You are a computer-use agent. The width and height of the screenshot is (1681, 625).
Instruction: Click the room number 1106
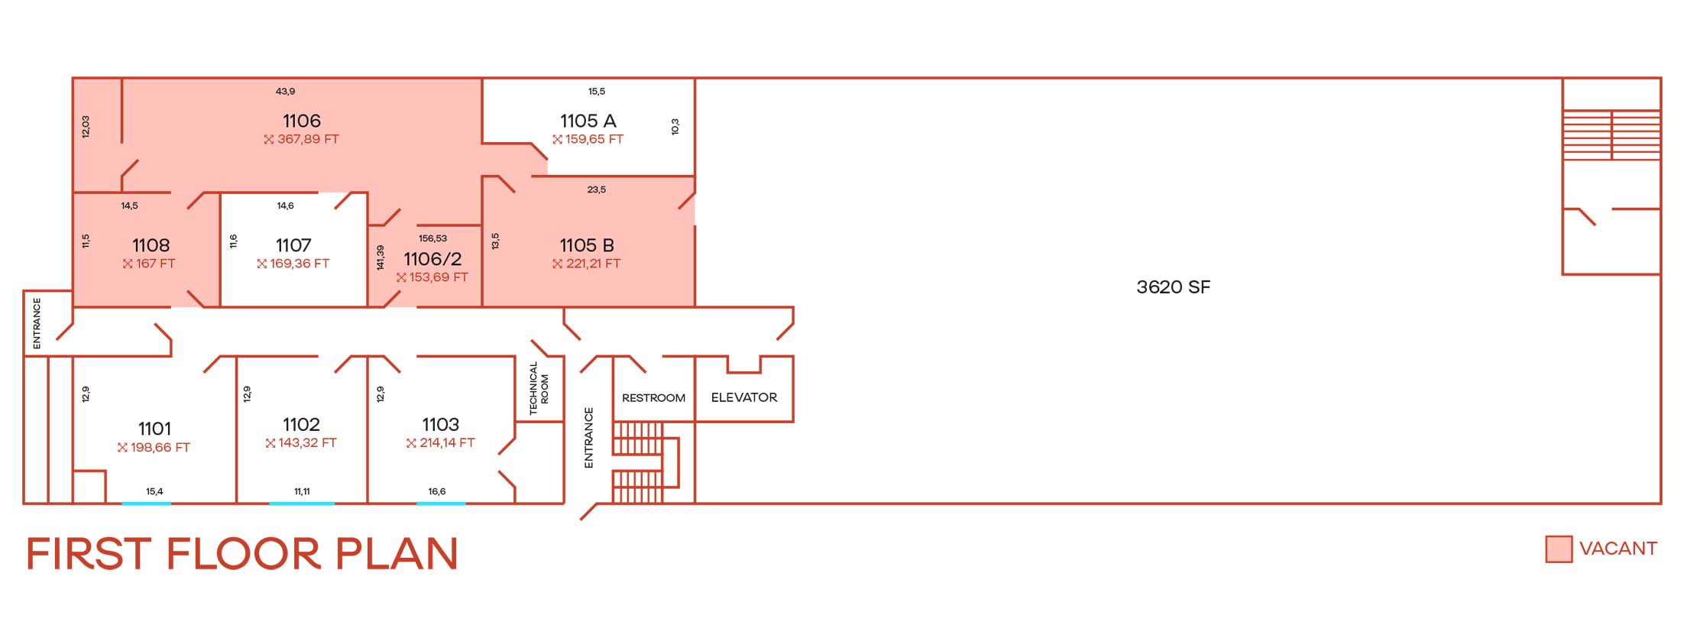[302, 121]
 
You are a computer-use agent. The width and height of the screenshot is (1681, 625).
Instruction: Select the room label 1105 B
[587, 245]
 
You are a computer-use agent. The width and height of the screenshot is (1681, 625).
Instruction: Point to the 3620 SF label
[1173, 287]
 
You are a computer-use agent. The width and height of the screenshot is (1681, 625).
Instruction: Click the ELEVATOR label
[743, 397]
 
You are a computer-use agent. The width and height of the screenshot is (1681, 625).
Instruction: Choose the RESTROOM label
[653, 398]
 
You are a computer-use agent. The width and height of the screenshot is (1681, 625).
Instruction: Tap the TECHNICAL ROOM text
[539, 388]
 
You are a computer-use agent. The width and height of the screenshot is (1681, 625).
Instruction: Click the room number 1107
[293, 245]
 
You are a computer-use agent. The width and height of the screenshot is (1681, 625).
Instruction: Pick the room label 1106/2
[432, 259]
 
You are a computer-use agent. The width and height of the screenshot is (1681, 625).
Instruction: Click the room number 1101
[154, 429]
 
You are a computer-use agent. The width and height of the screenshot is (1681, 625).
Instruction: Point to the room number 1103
[441, 425]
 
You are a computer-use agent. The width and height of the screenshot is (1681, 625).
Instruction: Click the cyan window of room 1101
[147, 503]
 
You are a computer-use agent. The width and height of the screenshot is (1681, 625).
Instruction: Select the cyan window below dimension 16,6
[441, 503]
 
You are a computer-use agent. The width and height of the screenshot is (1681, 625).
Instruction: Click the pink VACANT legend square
[1558, 549]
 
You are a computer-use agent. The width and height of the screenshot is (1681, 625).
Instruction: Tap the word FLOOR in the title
[243, 554]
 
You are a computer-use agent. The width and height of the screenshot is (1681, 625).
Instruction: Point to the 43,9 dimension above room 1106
[285, 92]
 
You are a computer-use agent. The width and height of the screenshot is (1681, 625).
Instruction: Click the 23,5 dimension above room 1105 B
[597, 189]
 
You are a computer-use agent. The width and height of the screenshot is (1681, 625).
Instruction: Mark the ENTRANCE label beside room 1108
[37, 323]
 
